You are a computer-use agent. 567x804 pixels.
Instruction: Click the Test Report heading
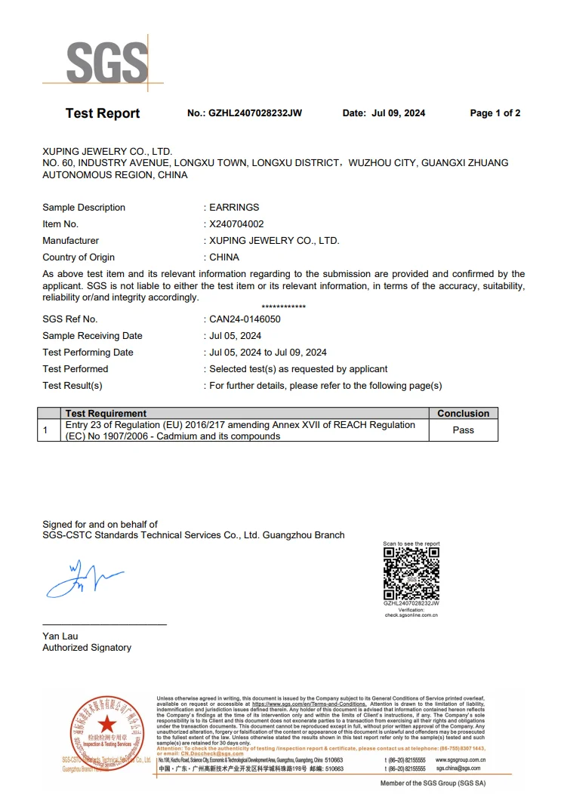pyautogui.click(x=103, y=113)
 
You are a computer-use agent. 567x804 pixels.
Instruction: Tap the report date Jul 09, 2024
pyautogui.click(x=399, y=113)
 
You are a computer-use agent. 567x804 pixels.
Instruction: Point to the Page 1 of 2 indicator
pyautogui.click(x=495, y=113)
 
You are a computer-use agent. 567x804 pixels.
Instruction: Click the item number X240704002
pyautogui.click(x=236, y=224)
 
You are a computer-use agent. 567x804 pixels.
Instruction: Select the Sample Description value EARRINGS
pyautogui.click(x=234, y=208)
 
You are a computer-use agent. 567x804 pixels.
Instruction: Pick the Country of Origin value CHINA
pyautogui.click(x=224, y=257)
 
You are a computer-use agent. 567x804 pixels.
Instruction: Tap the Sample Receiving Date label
pyautogui.click(x=92, y=336)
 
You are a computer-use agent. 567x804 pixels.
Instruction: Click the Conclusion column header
pyautogui.click(x=464, y=413)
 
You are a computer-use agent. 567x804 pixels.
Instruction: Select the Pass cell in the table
pyautogui.click(x=464, y=430)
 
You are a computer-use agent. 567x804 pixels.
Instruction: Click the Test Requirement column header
pyautogui.click(x=106, y=413)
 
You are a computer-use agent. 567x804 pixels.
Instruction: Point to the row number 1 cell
pyautogui.click(x=46, y=430)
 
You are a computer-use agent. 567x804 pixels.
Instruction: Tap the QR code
pyautogui.click(x=411, y=574)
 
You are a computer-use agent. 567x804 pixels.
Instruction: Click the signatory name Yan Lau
pyautogui.click(x=60, y=636)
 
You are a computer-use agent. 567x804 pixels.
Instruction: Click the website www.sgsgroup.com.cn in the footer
pyautogui.click(x=461, y=759)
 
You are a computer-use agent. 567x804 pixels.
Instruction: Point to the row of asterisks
pyautogui.click(x=283, y=307)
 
